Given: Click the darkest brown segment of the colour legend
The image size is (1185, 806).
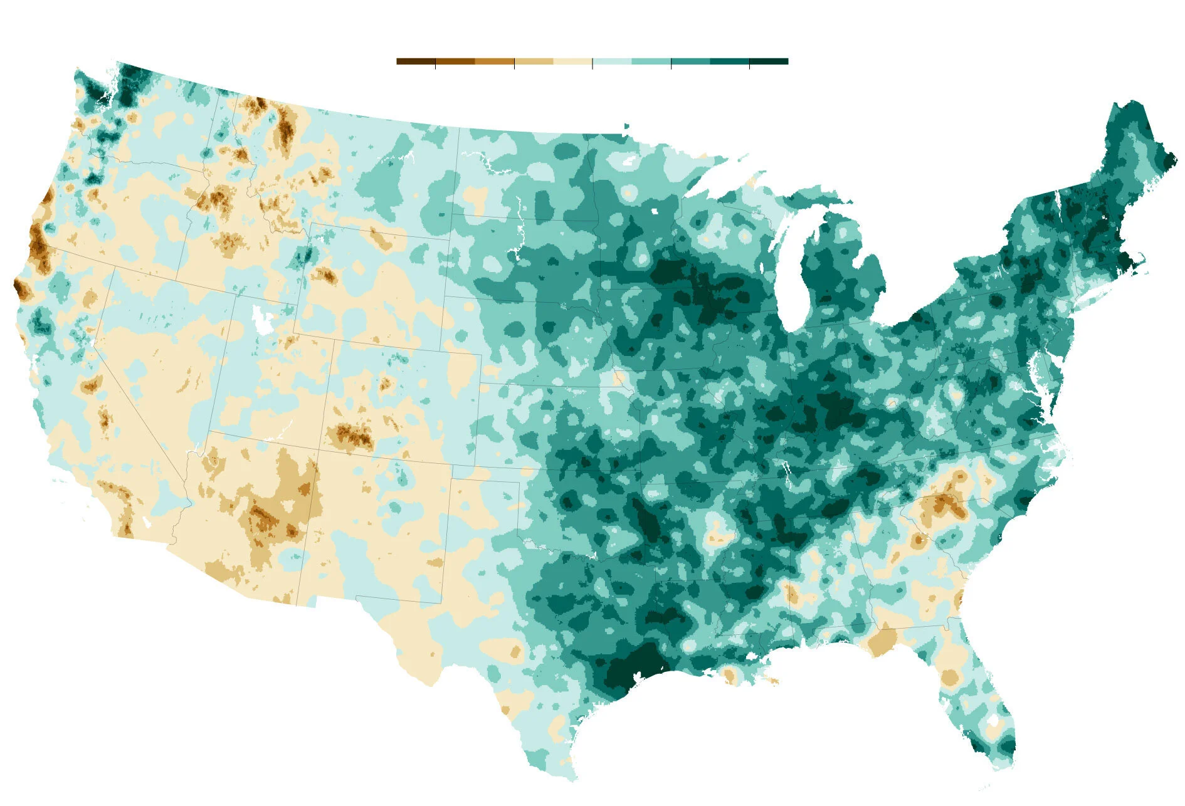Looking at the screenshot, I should click(x=416, y=61).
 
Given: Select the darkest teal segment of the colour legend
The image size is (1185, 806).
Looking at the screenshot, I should click(x=769, y=61).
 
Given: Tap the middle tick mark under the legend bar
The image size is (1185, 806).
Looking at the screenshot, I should click(x=592, y=65).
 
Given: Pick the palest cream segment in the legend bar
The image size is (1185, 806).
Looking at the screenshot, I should click(x=572, y=61).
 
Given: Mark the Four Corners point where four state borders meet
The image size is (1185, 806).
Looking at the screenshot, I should click(x=319, y=449).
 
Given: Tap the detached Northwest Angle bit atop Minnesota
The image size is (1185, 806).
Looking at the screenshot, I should click(x=626, y=127).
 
